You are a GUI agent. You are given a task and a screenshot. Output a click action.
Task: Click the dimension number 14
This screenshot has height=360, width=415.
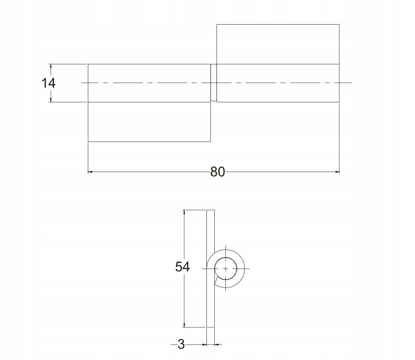pos(48,83)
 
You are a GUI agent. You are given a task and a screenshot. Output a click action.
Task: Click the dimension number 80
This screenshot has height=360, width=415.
pos(217,172)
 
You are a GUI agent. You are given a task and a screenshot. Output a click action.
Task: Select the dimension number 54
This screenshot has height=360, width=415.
pos(182,267)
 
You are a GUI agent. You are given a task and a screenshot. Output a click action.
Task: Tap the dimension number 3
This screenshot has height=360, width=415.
pos(181,344)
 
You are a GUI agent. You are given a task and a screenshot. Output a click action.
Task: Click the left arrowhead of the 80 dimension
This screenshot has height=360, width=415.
pos(90,172)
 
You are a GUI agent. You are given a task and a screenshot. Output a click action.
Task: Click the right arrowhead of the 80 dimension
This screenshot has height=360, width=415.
pos(337,172)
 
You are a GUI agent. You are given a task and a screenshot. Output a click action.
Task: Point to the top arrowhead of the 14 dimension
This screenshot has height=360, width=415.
pos(51,66)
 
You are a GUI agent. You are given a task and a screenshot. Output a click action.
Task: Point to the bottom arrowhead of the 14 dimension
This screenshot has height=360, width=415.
pos(51,100)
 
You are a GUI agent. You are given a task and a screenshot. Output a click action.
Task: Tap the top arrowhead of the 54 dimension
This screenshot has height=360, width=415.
pos(184,212)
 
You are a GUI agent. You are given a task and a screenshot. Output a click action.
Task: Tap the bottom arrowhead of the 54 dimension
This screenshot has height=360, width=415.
pos(184,325)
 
